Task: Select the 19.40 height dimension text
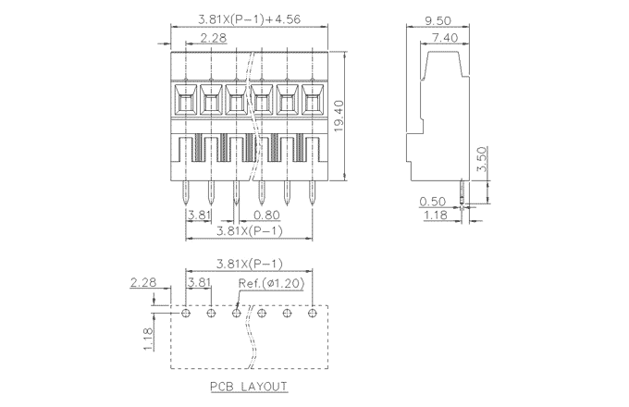click(x=339, y=116)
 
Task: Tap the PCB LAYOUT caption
click(x=248, y=386)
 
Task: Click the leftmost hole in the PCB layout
click(x=186, y=314)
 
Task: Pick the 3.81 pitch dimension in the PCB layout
click(x=199, y=281)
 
